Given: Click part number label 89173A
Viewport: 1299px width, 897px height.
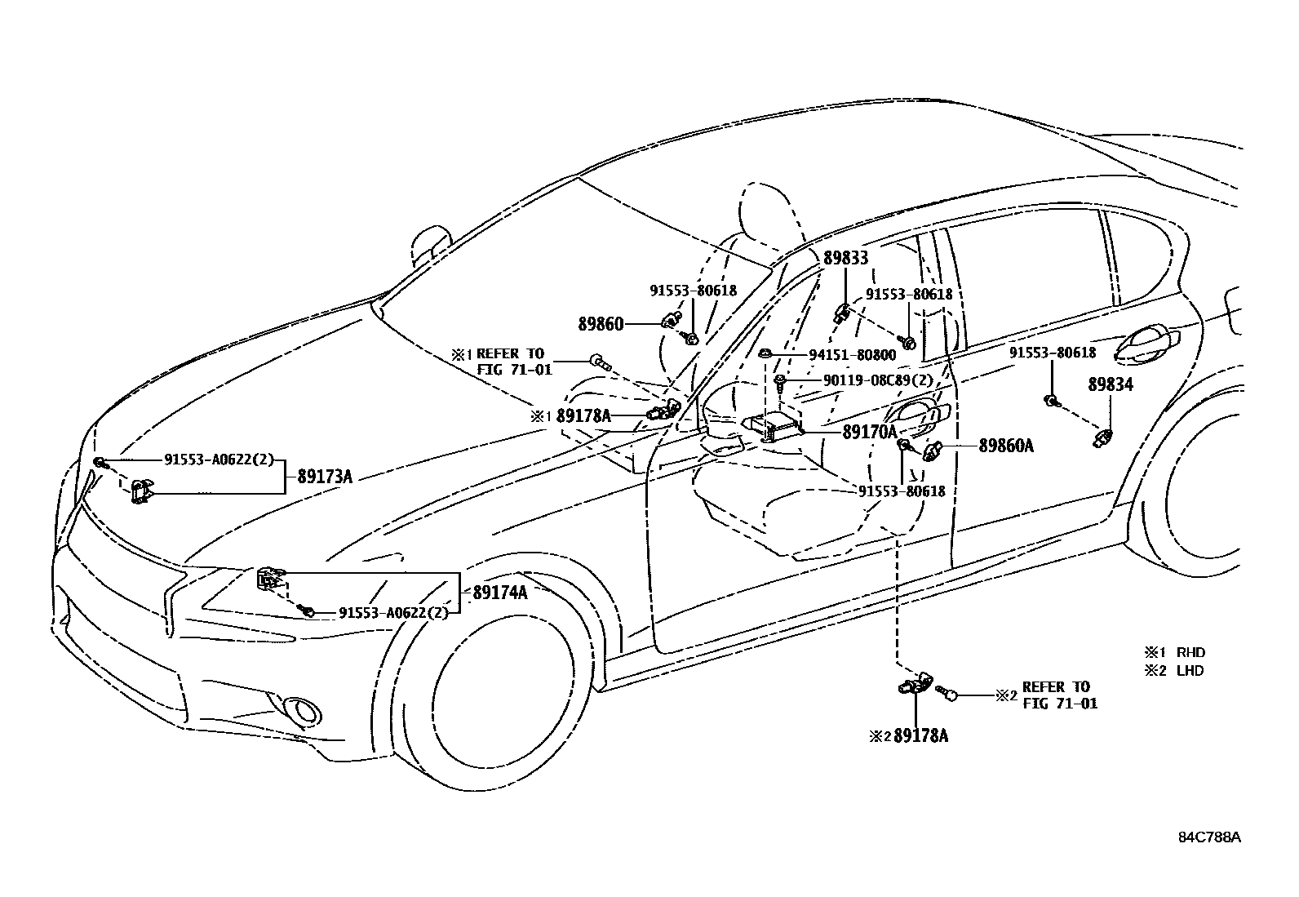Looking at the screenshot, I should tap(324, 476).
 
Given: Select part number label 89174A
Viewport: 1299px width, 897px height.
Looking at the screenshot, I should tap(499, 593).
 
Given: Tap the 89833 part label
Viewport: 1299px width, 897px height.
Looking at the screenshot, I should tap(845, 259).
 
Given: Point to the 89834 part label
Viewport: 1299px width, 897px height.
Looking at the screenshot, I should tap(1111, 384).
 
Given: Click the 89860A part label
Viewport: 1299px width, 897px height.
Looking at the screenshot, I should tap(1005, 446).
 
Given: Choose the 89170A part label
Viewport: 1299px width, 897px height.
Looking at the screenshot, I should tap(870, 432).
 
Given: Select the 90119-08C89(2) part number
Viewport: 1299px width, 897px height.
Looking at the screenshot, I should tap(877, 380).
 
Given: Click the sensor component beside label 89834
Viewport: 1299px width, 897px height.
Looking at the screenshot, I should tap(1103, 437).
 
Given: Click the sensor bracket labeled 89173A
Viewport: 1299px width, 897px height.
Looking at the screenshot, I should tap(143, 492).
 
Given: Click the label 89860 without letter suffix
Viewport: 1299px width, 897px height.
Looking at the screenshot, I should tap(601, 324).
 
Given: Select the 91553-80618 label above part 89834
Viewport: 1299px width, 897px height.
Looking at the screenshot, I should tap(1052, 353).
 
